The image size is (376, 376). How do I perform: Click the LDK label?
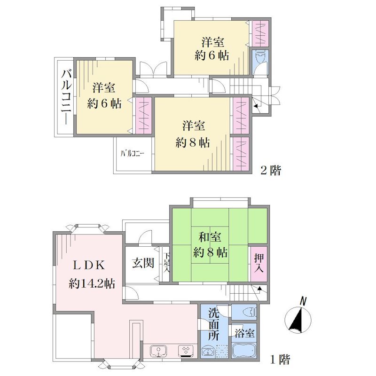point(89,266)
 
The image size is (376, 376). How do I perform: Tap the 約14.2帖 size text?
point(92,284)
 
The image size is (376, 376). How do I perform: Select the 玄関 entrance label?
point(143,263)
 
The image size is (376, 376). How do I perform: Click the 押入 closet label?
point(259,263)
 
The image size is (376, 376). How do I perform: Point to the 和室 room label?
point(210,237)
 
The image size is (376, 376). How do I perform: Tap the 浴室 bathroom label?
point(244,333)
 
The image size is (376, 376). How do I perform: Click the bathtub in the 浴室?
point(244,351)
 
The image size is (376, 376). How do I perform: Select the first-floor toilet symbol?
point(250,313)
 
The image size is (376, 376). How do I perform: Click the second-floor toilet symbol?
point(260,56)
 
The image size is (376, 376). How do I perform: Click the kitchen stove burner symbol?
point(186,351)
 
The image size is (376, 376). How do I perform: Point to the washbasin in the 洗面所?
point(208,352)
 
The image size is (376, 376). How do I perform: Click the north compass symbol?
point(298,319)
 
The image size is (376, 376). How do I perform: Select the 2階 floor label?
point(271,171)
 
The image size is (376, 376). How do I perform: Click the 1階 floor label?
point(280,360)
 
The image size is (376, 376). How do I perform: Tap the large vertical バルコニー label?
point(66,97)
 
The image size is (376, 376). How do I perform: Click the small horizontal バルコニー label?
point(133,154)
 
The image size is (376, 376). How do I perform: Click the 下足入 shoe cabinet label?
point(167,263)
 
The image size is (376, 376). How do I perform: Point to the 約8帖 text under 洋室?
point(193,143)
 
